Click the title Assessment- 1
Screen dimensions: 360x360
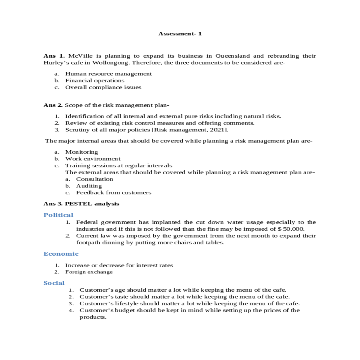[180, 34]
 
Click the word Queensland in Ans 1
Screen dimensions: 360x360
[232, 56]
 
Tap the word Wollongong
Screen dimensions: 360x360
[111, 63]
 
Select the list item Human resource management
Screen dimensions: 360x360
[108, 74]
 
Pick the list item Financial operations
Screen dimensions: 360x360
[94, 80]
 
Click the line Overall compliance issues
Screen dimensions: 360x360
[103, 87]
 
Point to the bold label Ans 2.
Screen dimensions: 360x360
[53, 105]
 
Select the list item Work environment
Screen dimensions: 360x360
[93, 159]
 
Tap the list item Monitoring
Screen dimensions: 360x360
[81, 152]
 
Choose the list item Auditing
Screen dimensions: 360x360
[89, 186]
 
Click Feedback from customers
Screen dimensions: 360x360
[113, 193]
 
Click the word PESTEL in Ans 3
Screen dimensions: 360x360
[78, 204]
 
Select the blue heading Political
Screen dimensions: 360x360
[58, 215]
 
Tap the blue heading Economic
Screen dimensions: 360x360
[61, 254]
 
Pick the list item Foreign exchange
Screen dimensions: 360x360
[89, 272]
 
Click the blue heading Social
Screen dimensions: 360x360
[54, 283]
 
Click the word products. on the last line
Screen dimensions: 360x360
[93, 317]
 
